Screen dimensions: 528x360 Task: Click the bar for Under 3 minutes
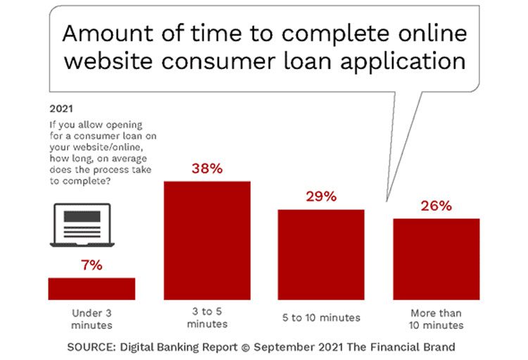tap(92, 289)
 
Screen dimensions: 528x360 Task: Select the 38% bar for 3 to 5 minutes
tap(207, 241)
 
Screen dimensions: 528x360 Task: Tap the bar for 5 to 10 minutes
tap(321, 255)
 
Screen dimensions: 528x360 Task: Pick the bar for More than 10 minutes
tap(436, 259)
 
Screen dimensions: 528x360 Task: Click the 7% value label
tap(92, 266)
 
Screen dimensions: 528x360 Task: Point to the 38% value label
tap(207, 168)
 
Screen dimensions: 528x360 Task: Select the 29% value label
tap(321, 197)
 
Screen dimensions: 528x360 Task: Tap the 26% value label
tap(436, 206)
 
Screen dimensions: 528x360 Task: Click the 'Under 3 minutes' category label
tap(92, 319)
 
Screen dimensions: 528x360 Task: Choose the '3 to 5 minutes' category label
tap(207, 318)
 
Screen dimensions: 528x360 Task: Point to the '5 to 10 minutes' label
tap(321, 318)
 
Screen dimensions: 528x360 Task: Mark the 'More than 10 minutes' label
tap(436, 319)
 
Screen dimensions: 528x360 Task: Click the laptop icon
tap(82, 225)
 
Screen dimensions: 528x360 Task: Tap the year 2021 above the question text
tap(61, 109)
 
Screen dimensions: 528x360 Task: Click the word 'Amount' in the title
tap(108, 34)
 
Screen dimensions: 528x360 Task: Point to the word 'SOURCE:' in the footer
tap(92, 347)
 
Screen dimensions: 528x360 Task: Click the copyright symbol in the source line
tap(246, 347)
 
